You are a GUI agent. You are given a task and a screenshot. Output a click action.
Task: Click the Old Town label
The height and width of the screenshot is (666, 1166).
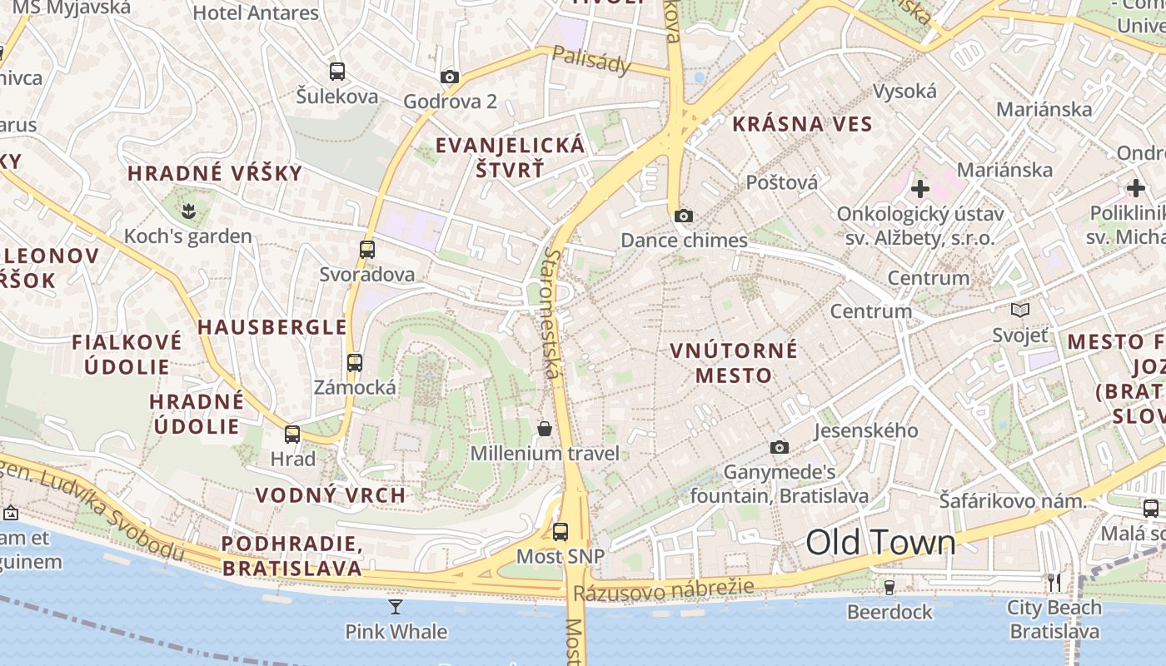pos(880,543)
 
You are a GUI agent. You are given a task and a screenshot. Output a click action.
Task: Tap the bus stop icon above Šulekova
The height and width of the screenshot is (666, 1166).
pos(336,72)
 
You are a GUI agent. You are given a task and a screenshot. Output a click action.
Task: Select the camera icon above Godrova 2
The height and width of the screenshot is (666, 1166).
pos(450,77)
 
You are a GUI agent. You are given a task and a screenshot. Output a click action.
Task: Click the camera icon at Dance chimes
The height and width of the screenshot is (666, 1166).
pos(684,216)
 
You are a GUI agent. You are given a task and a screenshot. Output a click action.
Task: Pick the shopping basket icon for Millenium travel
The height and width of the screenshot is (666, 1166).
pos(545,429)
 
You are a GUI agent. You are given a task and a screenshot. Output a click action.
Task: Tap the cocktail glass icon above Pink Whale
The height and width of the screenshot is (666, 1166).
pos(396,607)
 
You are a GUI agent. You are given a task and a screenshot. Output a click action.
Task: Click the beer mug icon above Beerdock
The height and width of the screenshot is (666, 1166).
pos(889,588)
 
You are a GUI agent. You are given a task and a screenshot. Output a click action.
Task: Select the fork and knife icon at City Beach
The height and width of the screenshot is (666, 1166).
pos(1054,582)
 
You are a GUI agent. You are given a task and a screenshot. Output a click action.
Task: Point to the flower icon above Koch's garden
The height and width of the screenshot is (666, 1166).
pos(188,212)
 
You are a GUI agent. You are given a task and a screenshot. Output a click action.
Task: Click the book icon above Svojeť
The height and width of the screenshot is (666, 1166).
pos(1019,311)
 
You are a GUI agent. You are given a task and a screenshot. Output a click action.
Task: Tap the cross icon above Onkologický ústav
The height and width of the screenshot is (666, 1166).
pos(919,189)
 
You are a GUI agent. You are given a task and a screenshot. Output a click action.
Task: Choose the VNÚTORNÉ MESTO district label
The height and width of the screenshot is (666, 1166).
pos(734,362)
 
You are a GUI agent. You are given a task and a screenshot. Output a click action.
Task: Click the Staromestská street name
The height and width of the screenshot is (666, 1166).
pos(552,312)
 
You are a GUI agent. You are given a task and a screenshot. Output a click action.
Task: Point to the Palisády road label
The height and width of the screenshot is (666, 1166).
pos(591,61)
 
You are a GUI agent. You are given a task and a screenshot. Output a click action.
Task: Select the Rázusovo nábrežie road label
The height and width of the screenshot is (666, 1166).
pos(663,589)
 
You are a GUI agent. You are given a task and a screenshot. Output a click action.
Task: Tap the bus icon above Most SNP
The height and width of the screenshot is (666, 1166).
pos(561,531)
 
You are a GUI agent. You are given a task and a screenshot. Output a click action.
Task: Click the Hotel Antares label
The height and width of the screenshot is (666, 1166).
pos(256,13)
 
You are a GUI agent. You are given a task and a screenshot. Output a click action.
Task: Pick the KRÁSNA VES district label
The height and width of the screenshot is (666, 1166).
pos(802,125)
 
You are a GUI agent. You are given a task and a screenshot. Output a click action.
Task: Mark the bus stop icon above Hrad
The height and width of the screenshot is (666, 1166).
pos(292,435)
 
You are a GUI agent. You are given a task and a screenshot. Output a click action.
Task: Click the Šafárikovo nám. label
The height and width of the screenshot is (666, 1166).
pos(1013,501)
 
